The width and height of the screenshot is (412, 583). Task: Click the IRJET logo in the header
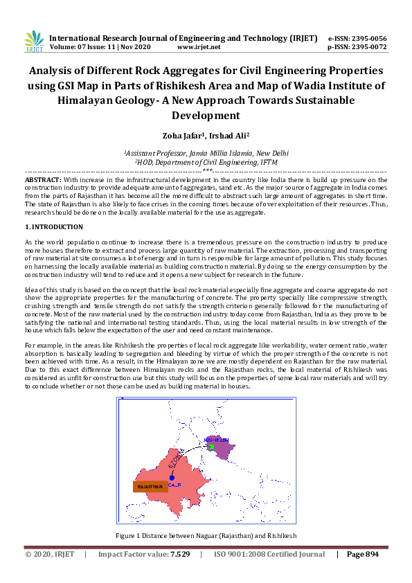[x=33, y=41]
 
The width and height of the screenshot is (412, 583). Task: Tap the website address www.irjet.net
[x=199, y=47]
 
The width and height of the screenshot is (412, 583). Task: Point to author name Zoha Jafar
[x=183, y=137]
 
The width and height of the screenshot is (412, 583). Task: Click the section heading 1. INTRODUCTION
[x=54, y=227]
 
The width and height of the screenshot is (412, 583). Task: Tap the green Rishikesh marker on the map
[x=212, y=447]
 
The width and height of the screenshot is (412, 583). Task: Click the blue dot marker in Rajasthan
[x=171, y=478]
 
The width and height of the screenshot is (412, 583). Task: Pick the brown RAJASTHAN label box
[x=150, y=487]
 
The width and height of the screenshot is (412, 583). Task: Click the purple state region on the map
[x=225, y=451]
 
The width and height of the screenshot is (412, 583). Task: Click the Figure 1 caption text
[x=206, y=536]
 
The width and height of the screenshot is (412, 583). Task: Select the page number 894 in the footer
[x=368, y=554]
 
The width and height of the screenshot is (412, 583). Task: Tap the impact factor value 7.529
[x=179, y=554]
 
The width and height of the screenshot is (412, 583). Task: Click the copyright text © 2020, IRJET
[x=50, y=554]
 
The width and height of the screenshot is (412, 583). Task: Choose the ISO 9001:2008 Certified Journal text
[x=269, y=554]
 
